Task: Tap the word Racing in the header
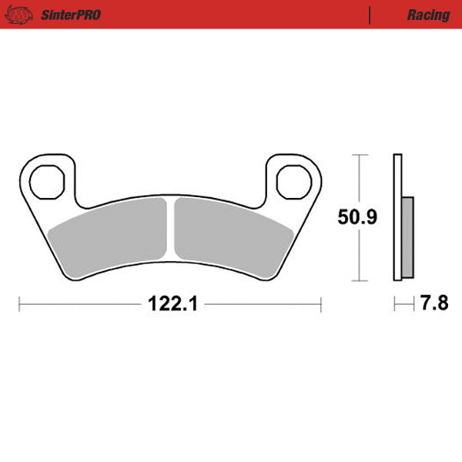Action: (429, 15)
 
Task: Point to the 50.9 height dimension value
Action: (357, 218)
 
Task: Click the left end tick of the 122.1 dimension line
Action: (20, 304)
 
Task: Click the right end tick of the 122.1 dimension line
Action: (321, 304)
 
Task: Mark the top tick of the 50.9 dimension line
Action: (357, 155)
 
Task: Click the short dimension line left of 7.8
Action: (402, 304)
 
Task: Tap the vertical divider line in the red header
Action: (370, 15)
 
